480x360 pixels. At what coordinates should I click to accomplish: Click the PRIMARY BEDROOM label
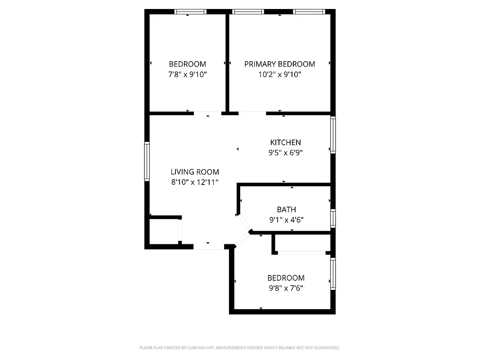[x=279, y=64]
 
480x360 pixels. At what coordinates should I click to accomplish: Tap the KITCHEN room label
[x=285, y=142]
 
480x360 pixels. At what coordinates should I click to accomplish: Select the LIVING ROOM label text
[x=195, y=171]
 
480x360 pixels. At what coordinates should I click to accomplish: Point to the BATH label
[x=286, y=209]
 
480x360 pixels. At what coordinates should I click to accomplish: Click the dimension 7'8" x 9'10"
[x=187, y=74]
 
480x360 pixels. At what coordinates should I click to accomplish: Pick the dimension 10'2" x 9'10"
[x=279, y=74]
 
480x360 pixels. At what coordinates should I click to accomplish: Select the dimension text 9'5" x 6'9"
[x=285, y=153]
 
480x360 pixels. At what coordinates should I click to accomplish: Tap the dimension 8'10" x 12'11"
[x=195, y=182]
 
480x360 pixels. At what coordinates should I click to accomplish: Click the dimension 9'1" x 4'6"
[x=286, y=220]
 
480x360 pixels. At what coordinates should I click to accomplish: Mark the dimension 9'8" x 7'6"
[x=286, y=288]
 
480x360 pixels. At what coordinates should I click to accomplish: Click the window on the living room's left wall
[x=147, y=162]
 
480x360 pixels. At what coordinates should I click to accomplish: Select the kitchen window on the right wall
[x=333, y=135]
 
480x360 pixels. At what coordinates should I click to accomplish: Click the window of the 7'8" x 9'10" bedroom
[x=190, y=12]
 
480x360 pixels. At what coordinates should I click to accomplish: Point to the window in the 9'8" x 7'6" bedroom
[x=333, y=273]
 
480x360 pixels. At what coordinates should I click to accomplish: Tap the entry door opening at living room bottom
[x=208, y=247]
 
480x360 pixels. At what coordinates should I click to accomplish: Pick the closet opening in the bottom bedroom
[x=301, y=253]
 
